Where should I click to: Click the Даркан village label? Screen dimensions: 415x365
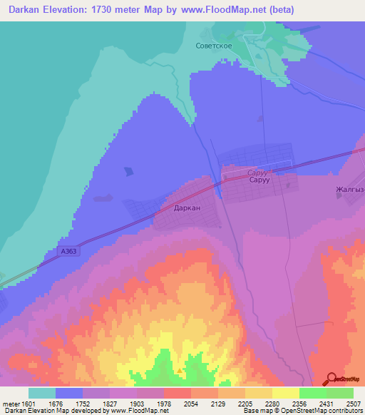pos(187,208)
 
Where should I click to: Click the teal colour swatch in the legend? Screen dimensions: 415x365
pos(42,393)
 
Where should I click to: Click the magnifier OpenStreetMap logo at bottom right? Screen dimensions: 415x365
pos(331,379)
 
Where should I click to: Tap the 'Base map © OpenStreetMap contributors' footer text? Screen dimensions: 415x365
pos(302,411)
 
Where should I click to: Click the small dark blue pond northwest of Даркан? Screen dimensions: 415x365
pos(129,171)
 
